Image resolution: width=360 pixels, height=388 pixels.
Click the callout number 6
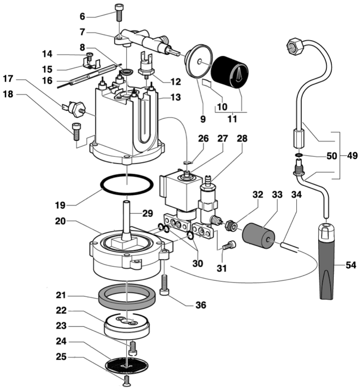pos(82,16)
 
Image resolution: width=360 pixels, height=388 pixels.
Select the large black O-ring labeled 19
pos(127,185)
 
